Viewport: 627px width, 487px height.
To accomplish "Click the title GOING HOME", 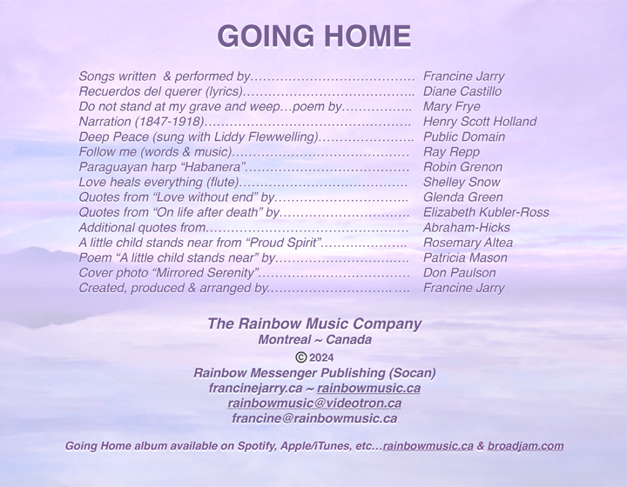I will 313,37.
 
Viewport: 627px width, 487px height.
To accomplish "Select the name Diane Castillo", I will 462,91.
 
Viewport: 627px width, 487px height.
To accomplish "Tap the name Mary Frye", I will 452,106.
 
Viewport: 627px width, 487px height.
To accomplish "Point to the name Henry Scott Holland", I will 479,122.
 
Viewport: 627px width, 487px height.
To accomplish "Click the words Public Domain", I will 463,137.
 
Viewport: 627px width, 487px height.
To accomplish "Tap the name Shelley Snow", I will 462,183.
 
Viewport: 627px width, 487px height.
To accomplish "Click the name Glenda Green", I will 462,197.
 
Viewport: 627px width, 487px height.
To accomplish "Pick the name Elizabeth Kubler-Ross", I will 486,212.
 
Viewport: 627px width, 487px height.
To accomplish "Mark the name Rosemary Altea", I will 468,243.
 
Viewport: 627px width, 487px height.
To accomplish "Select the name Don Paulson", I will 458,273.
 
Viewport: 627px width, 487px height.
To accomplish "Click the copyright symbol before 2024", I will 300,357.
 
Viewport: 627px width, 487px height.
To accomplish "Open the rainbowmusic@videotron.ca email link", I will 314,404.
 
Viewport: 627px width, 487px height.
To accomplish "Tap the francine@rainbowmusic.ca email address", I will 314,418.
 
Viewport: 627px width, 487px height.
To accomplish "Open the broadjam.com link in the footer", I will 525,446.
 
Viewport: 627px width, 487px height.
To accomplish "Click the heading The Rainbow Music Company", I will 314,324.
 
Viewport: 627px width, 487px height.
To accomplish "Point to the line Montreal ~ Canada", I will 314,340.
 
